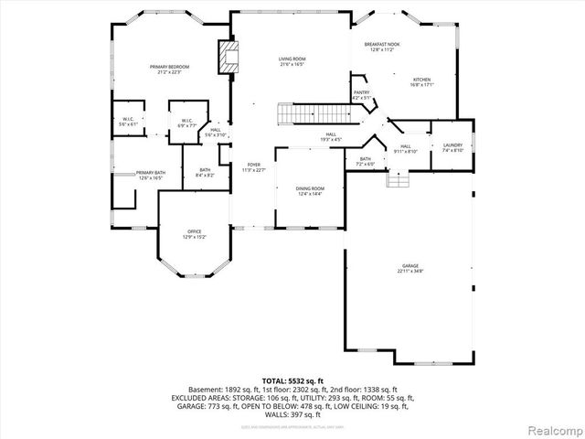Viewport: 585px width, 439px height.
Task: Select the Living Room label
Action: tap(292, 62)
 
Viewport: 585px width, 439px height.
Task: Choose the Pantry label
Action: tap(362, 93)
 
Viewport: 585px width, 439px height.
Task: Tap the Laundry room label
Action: tap(452, 146)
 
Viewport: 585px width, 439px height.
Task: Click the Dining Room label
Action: tap(309, 190)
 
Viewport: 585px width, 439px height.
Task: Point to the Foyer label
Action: tap(252, 168)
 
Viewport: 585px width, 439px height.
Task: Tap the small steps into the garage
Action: tap(397, 179)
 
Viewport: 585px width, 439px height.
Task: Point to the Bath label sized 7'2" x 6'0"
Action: tap(366, 162)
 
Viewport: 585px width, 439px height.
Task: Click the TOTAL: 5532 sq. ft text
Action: tap(292, 380)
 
